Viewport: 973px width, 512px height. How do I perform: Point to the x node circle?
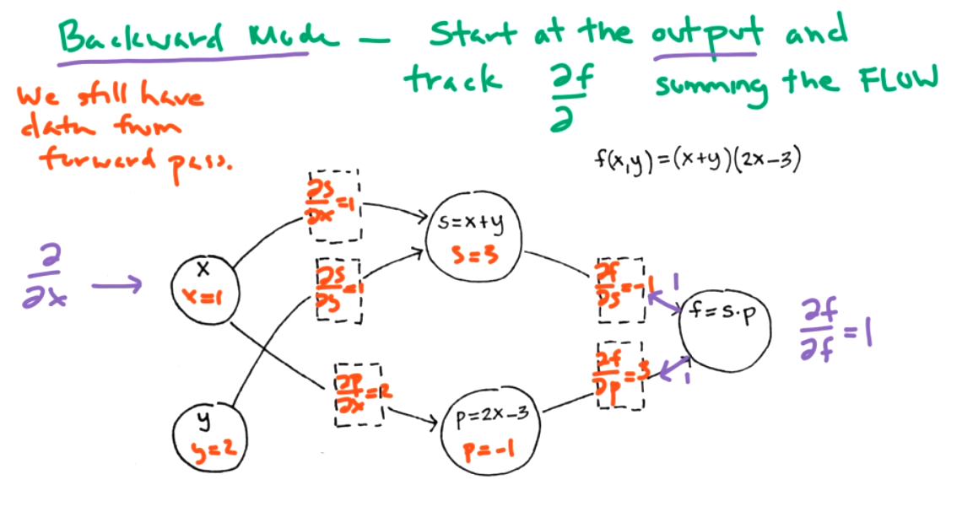click(x=203, y=286)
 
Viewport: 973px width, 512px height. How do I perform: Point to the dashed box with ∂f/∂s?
click(x=620, y=290)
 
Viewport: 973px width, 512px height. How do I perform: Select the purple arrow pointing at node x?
click(x=117, y=286)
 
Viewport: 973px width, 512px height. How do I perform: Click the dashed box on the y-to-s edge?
click(x=338, y=289)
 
